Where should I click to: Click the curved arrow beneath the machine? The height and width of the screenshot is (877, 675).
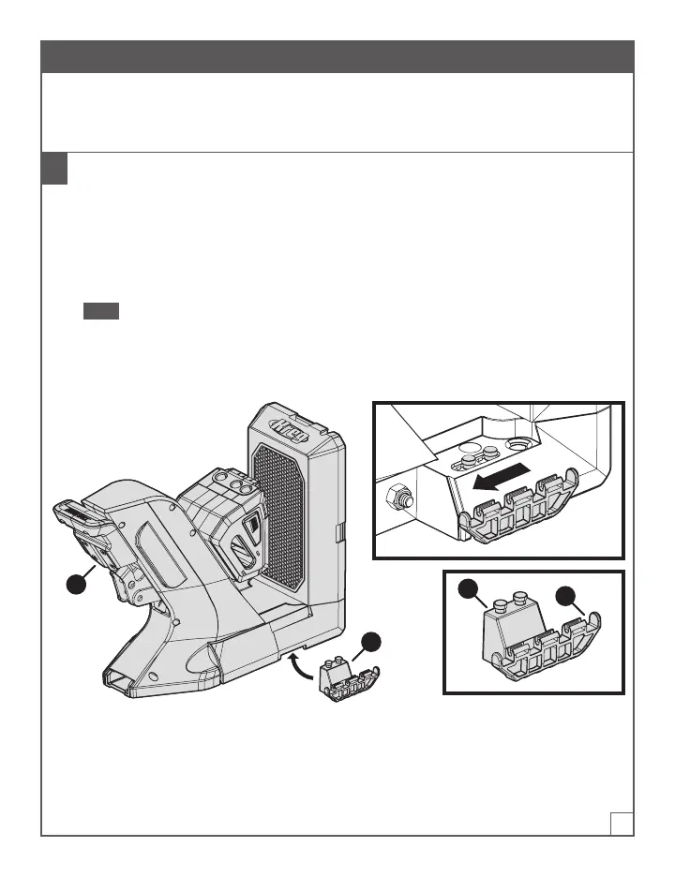coord(303,668)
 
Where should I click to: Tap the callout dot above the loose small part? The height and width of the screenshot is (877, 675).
coord(372,643)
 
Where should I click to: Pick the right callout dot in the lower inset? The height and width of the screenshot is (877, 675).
coord(566,596)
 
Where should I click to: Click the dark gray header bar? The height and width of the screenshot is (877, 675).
coord(337,56)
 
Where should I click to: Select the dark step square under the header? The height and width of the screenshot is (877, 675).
coord(54,169)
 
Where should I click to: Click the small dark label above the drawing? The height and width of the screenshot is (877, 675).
coord(100,311)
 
